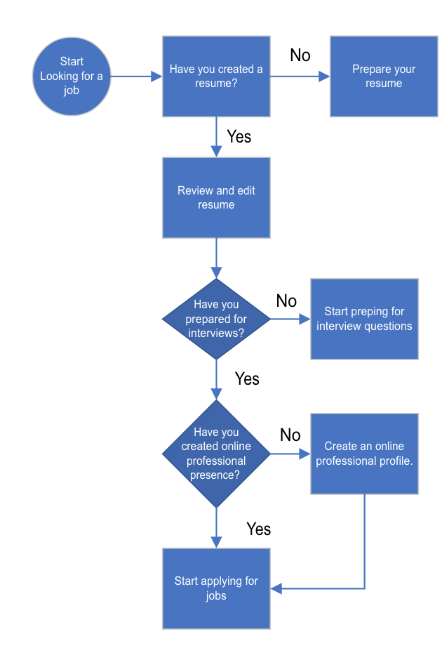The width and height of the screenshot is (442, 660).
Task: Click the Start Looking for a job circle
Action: point(72,77)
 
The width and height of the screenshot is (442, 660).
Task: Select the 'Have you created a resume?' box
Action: point(216,77)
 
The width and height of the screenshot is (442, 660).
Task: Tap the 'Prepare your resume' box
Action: point(384,77)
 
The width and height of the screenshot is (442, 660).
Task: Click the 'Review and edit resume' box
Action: point(216,197)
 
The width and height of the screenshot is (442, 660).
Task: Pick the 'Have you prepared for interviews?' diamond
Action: point(216,319)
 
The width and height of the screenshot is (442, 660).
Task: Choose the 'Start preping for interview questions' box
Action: point(364,319)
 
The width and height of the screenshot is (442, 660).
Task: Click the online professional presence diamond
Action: point(216,454)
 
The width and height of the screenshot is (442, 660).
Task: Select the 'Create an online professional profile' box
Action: point(364,454)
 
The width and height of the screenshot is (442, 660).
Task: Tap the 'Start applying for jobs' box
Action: point(216,588)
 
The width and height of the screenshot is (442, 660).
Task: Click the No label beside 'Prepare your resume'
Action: point(300,55)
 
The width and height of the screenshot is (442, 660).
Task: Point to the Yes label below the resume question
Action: point(239,136)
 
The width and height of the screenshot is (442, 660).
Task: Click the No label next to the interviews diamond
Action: point(286,301)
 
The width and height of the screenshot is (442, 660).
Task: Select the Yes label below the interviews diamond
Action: point(247,379)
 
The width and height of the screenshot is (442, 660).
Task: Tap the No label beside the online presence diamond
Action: point(290,435)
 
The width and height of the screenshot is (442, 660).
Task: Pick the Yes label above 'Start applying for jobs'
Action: point(258,529)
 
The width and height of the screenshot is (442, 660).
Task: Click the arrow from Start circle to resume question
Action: point(137,77)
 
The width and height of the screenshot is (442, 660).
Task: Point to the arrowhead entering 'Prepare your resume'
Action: point(324,77)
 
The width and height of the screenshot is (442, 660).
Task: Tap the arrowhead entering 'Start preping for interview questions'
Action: point(305,319)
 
